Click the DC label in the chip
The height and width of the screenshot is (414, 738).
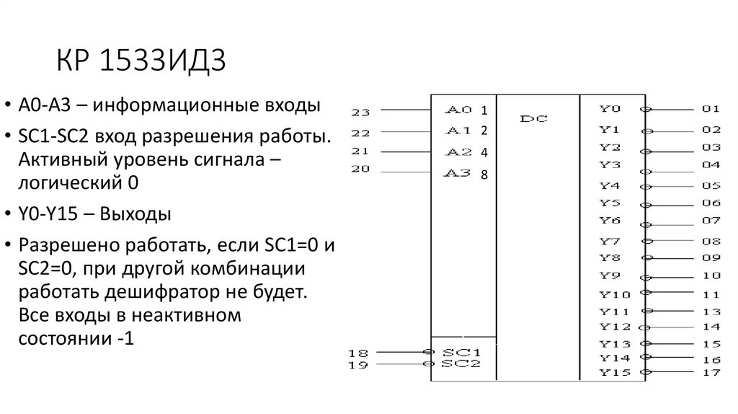coord(534,118)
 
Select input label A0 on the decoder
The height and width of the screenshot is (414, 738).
coord(459,110)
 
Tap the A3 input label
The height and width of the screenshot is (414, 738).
coord(459,173)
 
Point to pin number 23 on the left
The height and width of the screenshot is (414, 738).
coord(360,112)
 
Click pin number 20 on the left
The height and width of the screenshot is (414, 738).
coord(360,169)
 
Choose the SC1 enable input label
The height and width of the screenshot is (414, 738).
coord(461,353)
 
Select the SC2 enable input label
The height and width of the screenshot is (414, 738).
coord(461,364)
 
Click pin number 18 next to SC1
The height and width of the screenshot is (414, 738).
coord(357,353)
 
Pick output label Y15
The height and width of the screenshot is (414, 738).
coord(614,372)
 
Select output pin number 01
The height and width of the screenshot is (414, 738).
coord(711,110)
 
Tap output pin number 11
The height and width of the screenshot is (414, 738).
coord(711,294)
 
